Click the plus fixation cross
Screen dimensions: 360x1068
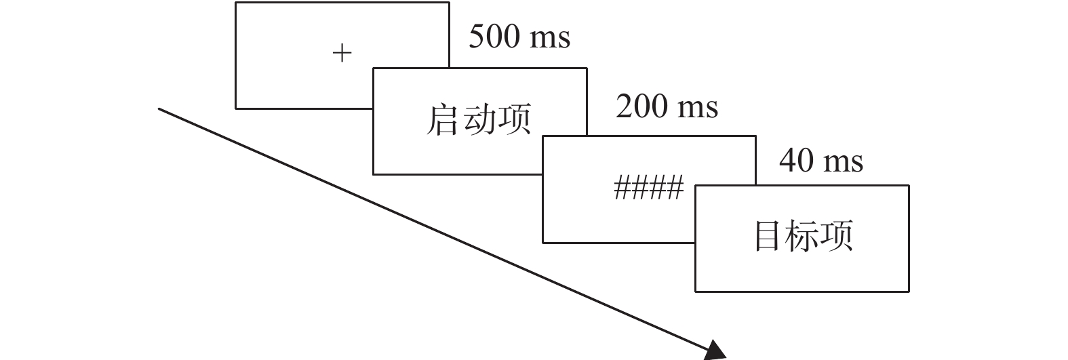[x=342, y=53]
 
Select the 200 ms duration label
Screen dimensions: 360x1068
[x=667, y=106]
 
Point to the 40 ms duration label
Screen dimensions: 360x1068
[x=821, y=161]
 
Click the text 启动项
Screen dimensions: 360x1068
[x=479, y=120]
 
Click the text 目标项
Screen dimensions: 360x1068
[x=804, y=236]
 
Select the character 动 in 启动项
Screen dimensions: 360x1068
[x=479, y=120]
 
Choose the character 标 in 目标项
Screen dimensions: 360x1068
[x=804, y=236]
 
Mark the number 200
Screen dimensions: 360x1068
[x=641, y=106]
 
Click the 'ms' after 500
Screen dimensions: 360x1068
[x=550, y=39]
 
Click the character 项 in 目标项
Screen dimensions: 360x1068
[x=837, y=236]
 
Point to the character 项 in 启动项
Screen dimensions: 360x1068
[x=513, y=120]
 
